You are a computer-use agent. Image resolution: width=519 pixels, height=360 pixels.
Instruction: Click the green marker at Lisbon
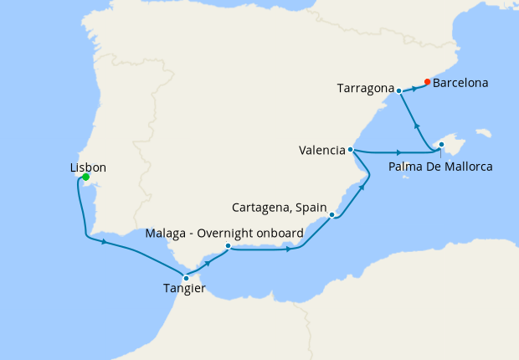click(x=85, y=177)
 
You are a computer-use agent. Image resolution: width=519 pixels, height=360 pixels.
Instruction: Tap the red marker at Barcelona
click(x=427, y=82)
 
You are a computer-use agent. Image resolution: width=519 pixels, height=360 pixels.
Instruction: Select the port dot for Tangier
click(x=186, y=278)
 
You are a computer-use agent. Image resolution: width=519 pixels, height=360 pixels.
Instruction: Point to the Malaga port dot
click(x=228, y=246)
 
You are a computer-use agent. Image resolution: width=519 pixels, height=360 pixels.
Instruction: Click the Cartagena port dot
click(x=332, y=215)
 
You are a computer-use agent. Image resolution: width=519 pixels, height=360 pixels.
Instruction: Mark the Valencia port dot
click(x=352, y=151)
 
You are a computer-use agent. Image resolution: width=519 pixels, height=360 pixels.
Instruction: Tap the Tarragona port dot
click(x=399, y=90)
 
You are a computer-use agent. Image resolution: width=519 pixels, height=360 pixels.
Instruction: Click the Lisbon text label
click(x=88, y=167)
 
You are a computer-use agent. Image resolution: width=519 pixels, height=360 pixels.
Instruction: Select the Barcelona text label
click(x=461, y=84)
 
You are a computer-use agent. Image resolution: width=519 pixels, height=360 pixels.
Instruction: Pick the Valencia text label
click(x=321, y=151)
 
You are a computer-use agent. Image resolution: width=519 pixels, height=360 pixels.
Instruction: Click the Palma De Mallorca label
click(x=440, y=167)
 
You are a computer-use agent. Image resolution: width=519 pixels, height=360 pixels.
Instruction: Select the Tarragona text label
click(x=366, y=87)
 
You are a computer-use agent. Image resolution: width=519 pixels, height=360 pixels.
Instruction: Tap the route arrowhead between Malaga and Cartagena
click(x=290, y=249)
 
